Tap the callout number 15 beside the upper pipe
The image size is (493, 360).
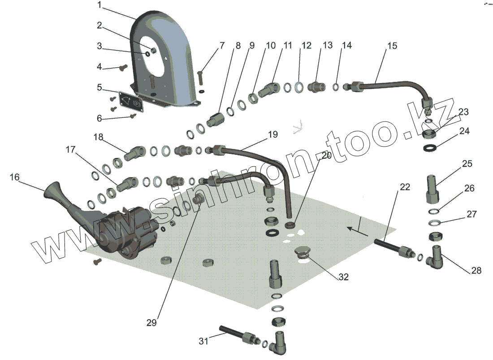click(x=392, y=46)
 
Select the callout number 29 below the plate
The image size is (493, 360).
click(x=151, y=323)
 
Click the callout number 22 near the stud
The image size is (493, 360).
click(x=405, y=187)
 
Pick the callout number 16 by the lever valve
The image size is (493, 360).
click(x=15, y=177)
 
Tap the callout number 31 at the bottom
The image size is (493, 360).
click(x=204, y=341)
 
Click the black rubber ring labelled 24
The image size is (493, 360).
click(x=431, y=147)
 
